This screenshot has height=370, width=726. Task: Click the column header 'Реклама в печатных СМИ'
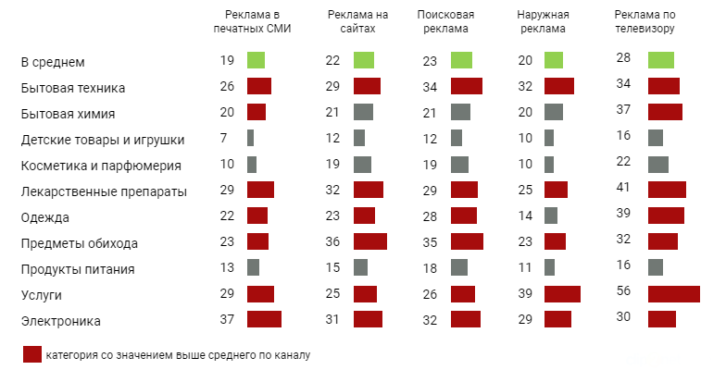[253, 21]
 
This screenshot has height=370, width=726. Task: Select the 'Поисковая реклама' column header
[445, 21]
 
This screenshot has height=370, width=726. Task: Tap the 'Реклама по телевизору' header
[645, 21]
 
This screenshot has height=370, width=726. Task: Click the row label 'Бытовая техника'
[73, 88]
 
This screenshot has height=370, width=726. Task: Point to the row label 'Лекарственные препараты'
[104, 191]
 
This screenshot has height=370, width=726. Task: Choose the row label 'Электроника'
[60, 321]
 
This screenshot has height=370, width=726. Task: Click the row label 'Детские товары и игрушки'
[103, 140]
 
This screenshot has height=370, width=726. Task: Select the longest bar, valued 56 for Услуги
[673, 294]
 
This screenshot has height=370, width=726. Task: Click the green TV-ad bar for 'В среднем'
[660, 60]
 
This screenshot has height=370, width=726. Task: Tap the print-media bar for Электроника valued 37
[264, 319]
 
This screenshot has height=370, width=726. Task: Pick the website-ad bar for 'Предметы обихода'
[370, 242]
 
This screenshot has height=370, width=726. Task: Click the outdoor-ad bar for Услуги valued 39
[562, 293]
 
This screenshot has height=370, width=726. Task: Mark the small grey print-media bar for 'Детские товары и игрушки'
[250, 139]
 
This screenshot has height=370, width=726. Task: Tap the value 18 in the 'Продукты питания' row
[429, 268]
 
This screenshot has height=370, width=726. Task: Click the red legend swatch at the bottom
[31, 355]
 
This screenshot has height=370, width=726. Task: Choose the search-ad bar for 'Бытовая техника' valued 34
[466, 87]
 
